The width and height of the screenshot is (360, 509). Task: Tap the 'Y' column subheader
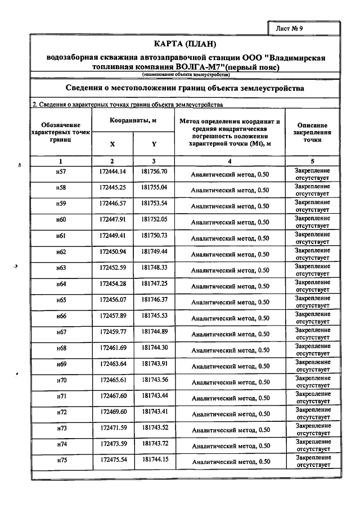pyautogui.click(x=154, y=144)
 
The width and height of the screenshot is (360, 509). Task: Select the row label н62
pyautogui.click(x=61, y=251)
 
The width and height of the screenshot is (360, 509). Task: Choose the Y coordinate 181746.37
pyautogui.click(x=154, y=300)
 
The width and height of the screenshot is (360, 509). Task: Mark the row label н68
pyautogui.click(x=61, y=348)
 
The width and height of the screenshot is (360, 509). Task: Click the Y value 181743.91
pyautogui.click(x=154, y=364)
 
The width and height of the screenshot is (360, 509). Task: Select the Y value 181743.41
pyautogui.click(x=154, y=412)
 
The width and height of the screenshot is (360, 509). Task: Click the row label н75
pyautogui.click(x=61, y=461)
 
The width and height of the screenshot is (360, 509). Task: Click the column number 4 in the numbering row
pyautogui.click(x=229, y=161)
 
